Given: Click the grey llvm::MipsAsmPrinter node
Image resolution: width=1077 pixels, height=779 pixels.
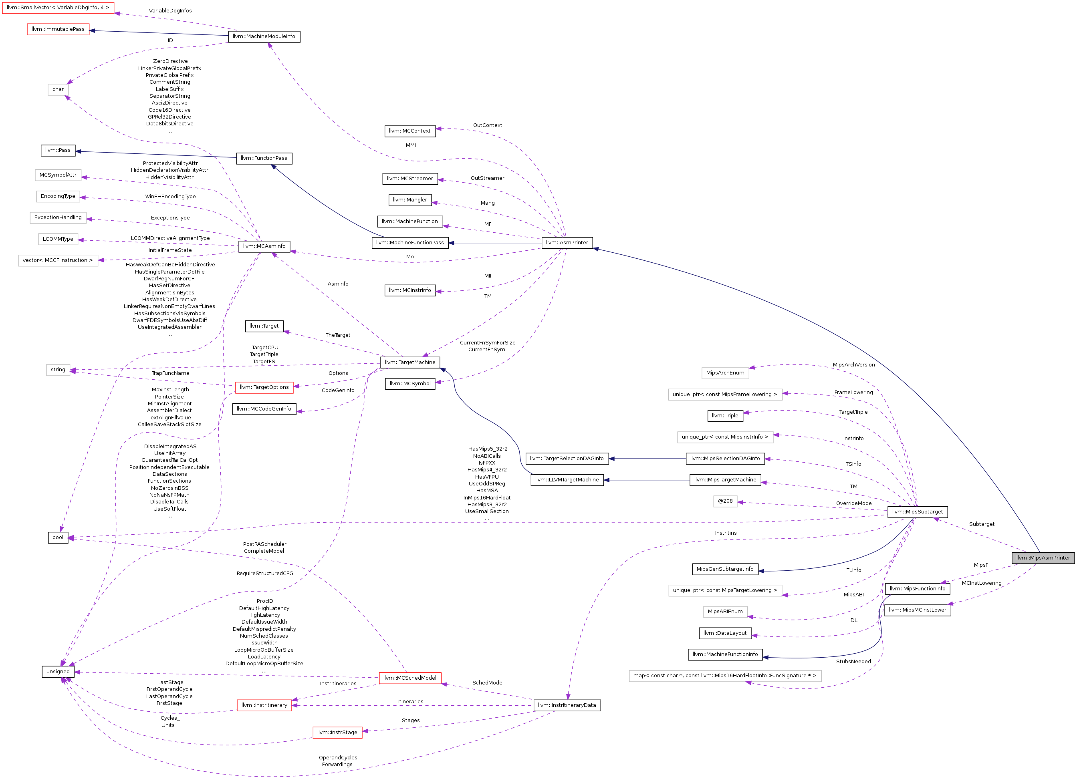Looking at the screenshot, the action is point(1043,558).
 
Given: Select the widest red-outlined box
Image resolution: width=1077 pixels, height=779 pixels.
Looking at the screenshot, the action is point(58,8).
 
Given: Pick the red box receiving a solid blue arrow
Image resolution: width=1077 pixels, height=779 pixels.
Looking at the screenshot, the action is point(58,29).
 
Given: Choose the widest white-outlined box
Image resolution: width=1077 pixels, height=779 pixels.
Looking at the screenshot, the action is point(725,676).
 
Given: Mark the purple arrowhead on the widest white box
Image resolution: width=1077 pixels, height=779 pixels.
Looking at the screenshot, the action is point(748,682).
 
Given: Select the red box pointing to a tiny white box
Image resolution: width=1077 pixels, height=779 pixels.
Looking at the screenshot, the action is point(264,388).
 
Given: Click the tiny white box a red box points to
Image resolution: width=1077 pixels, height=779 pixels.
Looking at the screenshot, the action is point(58,370).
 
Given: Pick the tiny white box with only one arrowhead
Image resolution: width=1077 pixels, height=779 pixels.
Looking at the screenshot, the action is point(725,501).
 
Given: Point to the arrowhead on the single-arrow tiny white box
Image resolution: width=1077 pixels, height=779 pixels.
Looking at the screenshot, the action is point(740,502).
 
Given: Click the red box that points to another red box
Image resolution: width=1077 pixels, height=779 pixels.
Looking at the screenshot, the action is point(410,678).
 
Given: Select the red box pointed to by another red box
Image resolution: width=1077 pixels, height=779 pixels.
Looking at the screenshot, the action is point(264,705).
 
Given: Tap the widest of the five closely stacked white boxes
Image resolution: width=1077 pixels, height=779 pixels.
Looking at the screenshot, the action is point(58,261).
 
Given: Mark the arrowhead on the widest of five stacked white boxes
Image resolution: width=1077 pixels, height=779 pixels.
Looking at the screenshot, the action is point(101,260).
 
